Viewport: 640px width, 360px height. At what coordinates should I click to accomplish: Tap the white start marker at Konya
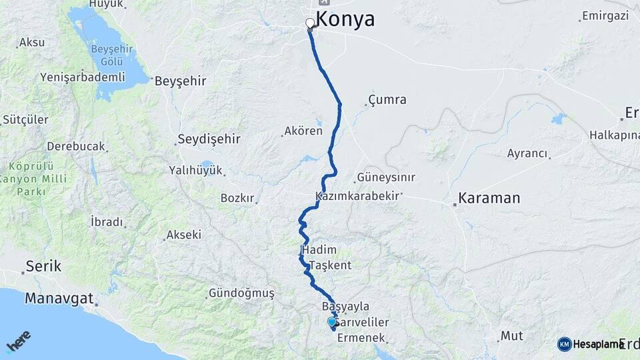310,24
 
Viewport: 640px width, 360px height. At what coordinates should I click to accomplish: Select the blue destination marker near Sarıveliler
332,322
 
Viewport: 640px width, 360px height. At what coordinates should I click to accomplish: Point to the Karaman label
489,199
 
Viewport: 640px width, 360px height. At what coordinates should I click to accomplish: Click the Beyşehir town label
180,82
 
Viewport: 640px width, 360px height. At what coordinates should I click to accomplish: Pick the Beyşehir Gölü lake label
120,57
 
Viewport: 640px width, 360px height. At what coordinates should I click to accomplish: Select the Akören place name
303,131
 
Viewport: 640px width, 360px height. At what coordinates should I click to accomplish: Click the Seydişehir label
208,140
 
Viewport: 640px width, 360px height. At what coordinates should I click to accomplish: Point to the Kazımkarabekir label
357,197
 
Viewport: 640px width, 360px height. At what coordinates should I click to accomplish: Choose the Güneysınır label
386,178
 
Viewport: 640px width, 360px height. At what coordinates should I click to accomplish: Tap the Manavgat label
59,298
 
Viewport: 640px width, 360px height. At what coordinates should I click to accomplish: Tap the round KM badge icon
564,344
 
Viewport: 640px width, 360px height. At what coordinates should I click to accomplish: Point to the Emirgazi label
606,15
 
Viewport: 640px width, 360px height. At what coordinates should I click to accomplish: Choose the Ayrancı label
527,154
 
